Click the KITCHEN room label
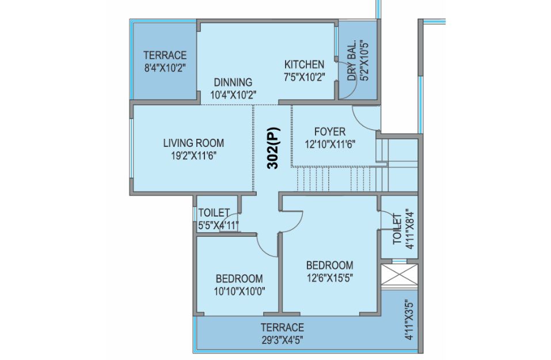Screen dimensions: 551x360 point(305,65)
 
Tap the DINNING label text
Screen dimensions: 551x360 point(233,82)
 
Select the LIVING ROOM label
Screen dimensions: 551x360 point(193,143)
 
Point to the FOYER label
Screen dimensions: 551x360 point(329,132)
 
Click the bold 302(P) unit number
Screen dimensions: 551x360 point(273,148)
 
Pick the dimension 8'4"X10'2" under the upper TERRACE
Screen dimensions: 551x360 point(165,68)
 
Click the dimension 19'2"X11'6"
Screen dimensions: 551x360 point(193,156)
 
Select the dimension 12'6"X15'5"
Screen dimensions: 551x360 point(329,278)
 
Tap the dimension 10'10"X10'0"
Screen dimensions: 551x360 point(240,291)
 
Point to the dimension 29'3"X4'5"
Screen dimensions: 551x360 point(282,340)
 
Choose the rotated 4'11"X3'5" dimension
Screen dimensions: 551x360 point(409,320)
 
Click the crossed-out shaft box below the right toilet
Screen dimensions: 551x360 point(400,275)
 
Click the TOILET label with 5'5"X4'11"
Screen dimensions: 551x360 point(214,213)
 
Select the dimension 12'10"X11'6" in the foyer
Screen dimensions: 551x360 point(330,144)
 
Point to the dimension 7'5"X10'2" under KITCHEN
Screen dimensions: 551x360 point(305,77)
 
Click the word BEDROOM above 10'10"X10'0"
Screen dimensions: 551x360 point(240,279)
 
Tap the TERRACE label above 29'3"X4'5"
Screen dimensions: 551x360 point(282,328)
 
